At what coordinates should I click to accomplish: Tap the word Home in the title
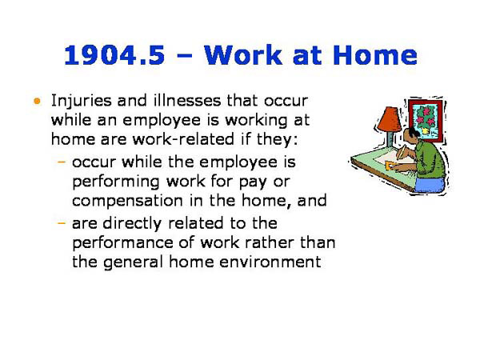point(376,55)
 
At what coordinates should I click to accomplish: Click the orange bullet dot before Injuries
point(37,102)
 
